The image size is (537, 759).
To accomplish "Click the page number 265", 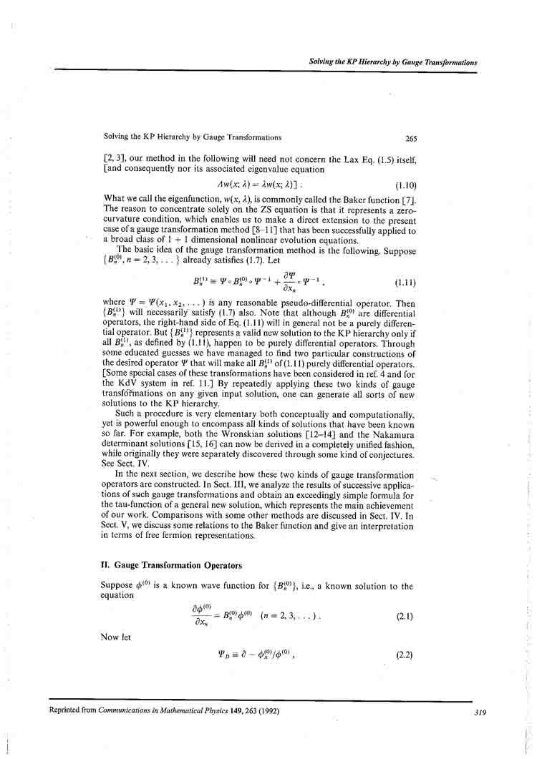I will tap(410, 139).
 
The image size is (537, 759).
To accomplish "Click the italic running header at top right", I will tap(392, 62).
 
